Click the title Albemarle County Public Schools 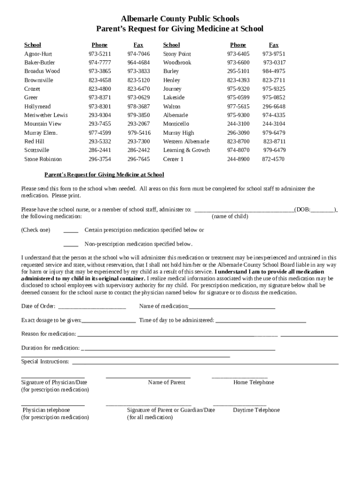pos(180,19)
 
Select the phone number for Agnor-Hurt pos(100,54)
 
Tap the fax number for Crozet pos(138,89)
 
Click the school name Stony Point pos(177,54)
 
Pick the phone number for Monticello pos(238,124)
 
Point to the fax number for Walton pos(274,107)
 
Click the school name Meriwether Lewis pos(46,115)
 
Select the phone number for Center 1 pos(238,159)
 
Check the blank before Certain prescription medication pos(71,231)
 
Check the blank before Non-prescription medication pos(71,245)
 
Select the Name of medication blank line pos(231,307)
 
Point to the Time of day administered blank pos(260,321)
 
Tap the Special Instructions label pos(45,362)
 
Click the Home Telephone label pos(253,382)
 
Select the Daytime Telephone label pos(256,410)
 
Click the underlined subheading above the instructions pos(104,174)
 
